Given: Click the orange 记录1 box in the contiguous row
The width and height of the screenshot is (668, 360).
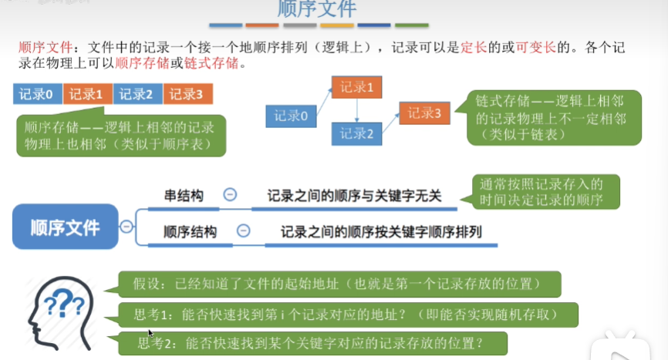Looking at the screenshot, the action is point(86,94).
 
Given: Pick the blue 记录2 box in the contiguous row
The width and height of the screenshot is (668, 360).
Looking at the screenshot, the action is point(137,94).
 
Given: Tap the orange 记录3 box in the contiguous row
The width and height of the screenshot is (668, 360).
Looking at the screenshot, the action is point(187,94).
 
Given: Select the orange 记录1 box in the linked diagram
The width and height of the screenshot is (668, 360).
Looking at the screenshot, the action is point(356,87).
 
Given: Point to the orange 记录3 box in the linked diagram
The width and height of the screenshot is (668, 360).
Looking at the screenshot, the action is point(424,113).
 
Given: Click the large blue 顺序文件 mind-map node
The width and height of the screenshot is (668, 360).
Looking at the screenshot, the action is point(66,227).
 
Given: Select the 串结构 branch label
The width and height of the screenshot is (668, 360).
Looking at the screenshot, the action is point(184,197).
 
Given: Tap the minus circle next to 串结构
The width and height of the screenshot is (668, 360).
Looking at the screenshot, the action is point(230,196).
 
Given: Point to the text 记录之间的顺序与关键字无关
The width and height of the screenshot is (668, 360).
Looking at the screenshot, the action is point(354,197).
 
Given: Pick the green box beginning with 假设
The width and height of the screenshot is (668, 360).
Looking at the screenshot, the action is point(339,283).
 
